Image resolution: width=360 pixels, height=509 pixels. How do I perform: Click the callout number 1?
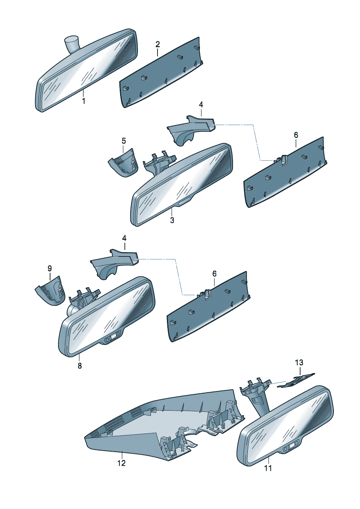(x=83, y=101)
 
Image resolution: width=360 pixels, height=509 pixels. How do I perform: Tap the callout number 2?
(x=157, y=44)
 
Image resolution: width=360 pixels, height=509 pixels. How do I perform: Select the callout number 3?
(x=172, y=220)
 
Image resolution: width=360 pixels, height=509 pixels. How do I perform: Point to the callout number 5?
(x=123, y=141)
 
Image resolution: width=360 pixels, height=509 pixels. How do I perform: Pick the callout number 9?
(x=50, y=268)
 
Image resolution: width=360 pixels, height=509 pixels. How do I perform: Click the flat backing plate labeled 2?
(x=161, y=72)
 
